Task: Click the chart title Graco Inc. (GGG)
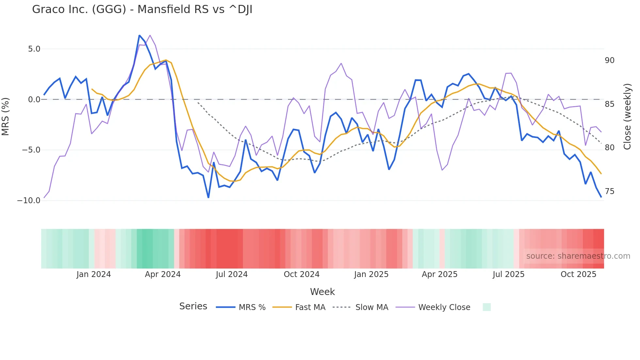[142, 9]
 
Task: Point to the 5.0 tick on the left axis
[34, 49]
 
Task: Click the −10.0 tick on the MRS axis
[29, 201]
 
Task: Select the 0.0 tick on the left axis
[34, 100]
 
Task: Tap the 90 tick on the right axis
[609, 60]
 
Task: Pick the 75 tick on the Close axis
[609, 191]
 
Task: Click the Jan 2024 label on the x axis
[94, 274]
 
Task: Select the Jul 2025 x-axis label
[508, 274]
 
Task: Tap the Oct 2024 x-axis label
[301, 274]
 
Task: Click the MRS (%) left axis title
[6, 117]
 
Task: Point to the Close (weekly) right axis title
[627, 117]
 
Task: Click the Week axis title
[322, 292]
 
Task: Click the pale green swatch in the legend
[487, 307]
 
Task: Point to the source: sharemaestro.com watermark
[578, 256]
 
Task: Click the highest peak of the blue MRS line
[139, 36]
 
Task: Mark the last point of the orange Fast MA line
[601, 173]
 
